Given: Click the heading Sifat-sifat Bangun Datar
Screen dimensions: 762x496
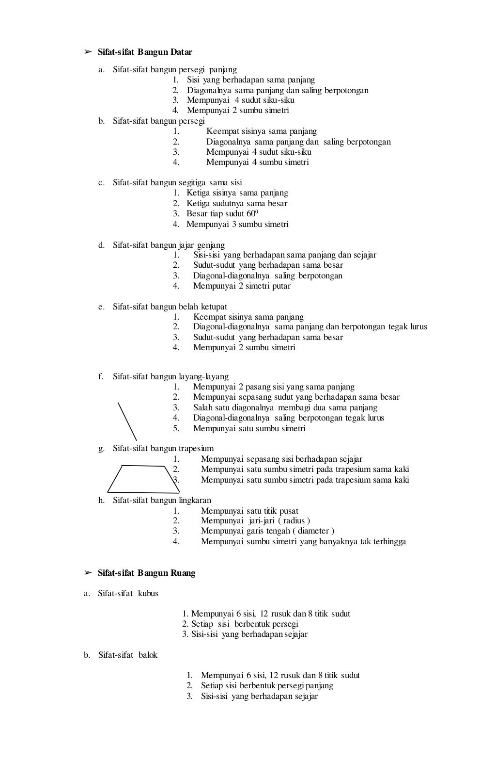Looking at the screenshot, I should click(x=145, y=52).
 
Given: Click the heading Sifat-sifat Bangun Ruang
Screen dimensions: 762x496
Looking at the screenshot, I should click(x=146, y=573).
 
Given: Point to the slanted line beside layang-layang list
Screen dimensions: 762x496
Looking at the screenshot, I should click(x=127, y=421).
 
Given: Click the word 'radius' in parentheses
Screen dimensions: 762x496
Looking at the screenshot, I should click(x=294, y=520).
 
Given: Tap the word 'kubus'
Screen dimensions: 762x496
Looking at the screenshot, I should click(x=148, y=593).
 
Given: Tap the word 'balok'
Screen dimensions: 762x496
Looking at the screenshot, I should click(x=148, y=655).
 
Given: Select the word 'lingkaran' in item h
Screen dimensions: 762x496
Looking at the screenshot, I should click(x=195, y=500).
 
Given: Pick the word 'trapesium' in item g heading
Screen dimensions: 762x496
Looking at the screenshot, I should click(x=196, y=448).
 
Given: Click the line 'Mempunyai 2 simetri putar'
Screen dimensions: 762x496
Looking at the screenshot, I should click(x=242, y=286).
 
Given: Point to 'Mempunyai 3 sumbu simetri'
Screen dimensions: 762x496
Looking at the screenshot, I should click(x=237, y=224).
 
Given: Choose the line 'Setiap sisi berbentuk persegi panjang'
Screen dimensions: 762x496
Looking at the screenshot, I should click(x=267, y=685).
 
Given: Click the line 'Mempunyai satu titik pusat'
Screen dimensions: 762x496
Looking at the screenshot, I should click(x=249, y=511).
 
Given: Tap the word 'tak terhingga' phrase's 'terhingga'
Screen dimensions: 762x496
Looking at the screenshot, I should click(x=389, y=541).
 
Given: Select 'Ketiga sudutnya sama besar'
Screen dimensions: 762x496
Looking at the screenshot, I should click(x=237, y=203).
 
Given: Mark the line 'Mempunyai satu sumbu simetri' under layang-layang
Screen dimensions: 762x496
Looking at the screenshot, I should click(x=249, y=428).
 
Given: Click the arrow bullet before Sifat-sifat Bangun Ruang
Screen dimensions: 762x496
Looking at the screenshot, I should click(x=88, y=573).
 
